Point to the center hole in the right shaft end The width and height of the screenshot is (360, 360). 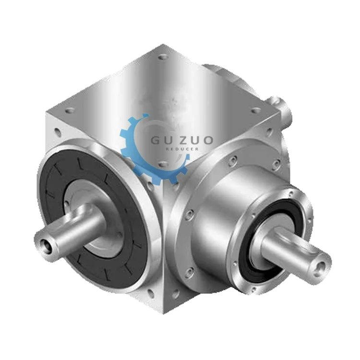pyautogui.click(x=323, y=264)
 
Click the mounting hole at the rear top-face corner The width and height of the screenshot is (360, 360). pyautogui.click(x=163, y=56)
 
